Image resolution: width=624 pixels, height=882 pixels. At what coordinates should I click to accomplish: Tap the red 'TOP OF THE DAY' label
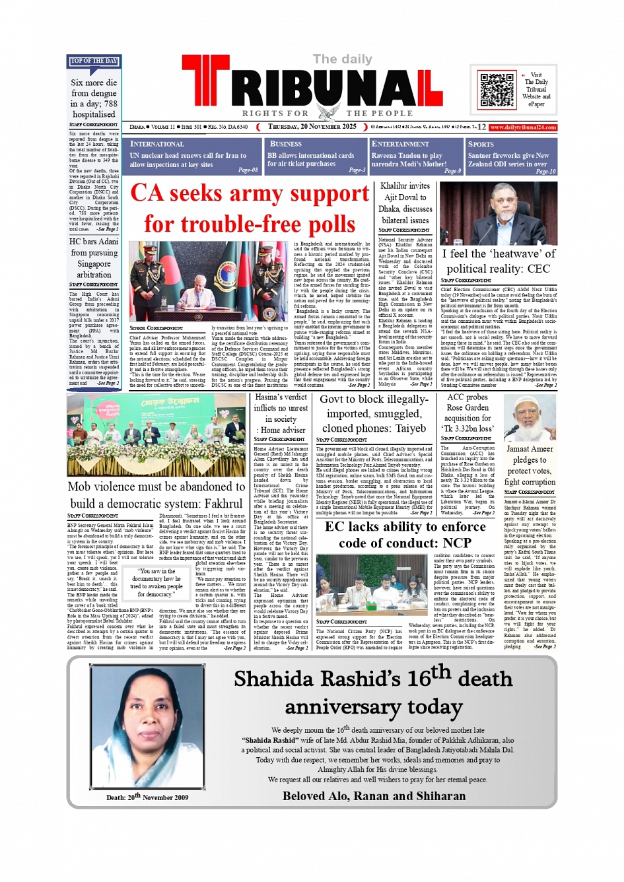pyautogui.click(x=94, y=61)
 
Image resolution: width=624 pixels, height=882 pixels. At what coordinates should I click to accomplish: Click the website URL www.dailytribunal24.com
pyautogui.click(x=523, y=127)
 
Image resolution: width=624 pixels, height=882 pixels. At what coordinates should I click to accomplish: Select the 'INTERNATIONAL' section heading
pyautogui.click(x=157, y=144)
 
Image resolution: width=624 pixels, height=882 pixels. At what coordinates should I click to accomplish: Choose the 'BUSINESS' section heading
pyautogui.click(x=286, y=144)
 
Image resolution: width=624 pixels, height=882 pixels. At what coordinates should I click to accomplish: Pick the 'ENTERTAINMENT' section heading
pyautogui.click(x=400, y=144)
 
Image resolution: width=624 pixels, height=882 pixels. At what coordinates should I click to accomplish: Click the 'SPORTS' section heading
pyautogui.click(x=481, y=144)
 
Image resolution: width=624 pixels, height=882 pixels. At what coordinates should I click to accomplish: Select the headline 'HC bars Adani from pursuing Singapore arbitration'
pyautogui.click(x=94, y=258)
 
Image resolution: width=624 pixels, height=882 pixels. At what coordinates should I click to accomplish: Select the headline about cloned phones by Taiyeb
pyautogui.click(x=373, y=414)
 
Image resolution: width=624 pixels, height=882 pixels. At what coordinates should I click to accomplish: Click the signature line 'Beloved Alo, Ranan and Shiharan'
pyautogui.click(x=374, y=796)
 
